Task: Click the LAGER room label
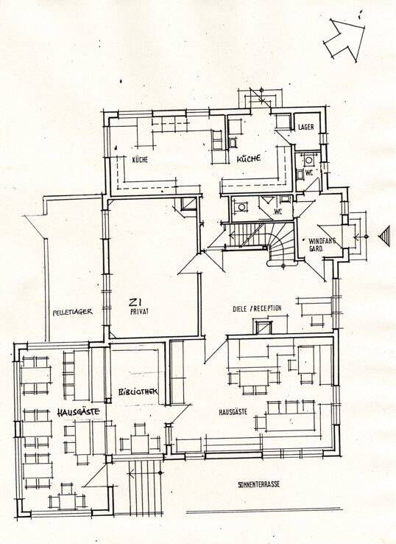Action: click(x=306, y=127)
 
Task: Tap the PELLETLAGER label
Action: click(x=72, y=312)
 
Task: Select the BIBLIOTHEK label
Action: click(x=138, y=391)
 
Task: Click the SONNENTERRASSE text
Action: click(x=259, y=485)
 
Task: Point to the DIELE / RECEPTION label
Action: click(x=257, y=308)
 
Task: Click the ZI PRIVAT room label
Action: click(x=139, y=306)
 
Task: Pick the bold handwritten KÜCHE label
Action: click(x=249, y=159)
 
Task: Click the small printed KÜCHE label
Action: click(x=140, y=160)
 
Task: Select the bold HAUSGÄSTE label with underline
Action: click(x=78, y=412)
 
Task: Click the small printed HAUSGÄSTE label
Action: click(x=233, y=412)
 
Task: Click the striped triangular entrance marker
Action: click(x=384, y=237)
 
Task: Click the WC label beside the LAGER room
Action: click(x=308, y=173)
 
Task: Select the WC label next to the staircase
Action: click(x=277, y=212)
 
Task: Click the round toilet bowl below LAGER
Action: click(x=308, y=160)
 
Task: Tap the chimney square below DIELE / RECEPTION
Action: click(x=264, y=327)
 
